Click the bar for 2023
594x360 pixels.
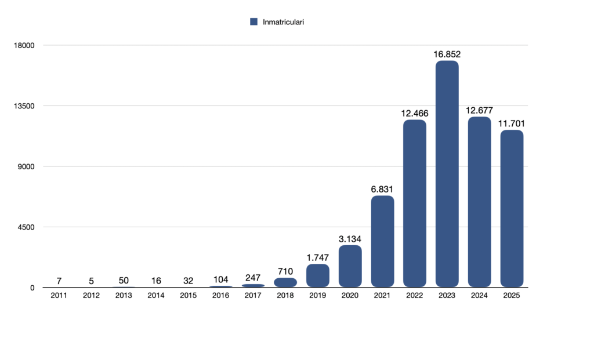447,174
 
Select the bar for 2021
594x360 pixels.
382,241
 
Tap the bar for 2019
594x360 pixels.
318,275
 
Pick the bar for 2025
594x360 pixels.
512,209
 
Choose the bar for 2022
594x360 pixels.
415,203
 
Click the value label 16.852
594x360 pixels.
447,54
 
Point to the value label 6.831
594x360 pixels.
382,189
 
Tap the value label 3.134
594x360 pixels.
350,238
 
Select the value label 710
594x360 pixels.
285,271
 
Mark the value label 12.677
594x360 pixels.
479,110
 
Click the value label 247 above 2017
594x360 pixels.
253,277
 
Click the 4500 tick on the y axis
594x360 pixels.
25,227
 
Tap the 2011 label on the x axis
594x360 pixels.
59,296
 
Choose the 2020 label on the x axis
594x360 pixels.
350,296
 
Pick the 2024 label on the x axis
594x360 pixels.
479,296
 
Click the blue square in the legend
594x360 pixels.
253,21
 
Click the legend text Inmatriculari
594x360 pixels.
284,21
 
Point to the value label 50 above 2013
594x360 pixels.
124,281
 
